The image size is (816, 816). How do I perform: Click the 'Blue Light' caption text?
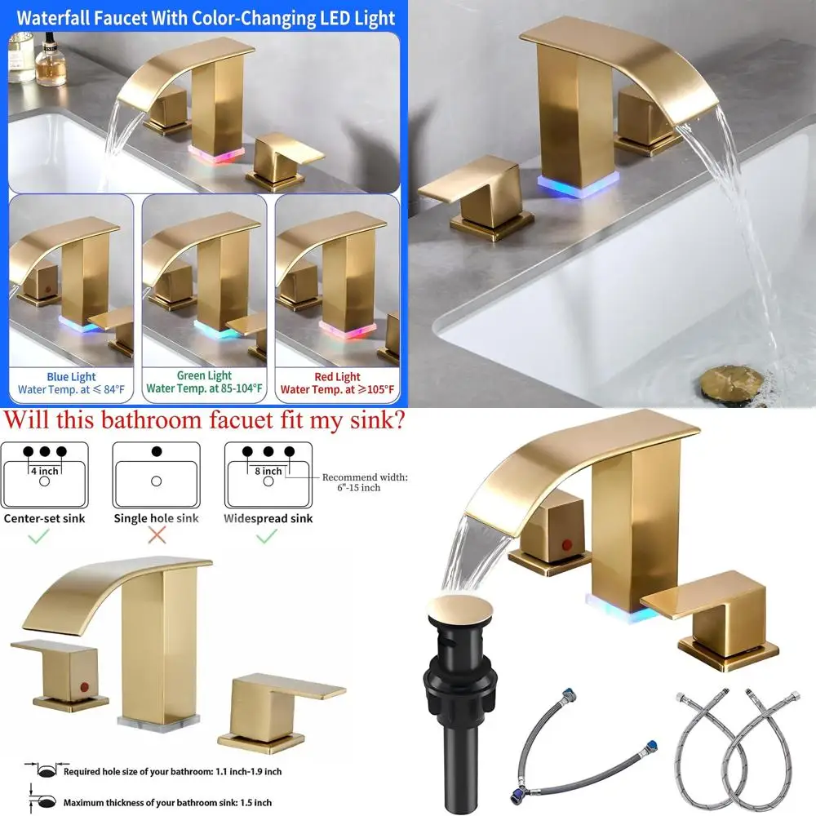pos(71,377)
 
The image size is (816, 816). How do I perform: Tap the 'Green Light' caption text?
pos(204,375)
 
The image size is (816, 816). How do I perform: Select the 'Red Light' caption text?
pos(337,376)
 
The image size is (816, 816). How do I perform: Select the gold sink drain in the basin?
pos(731,381)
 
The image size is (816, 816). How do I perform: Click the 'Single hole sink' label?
pos(155,518)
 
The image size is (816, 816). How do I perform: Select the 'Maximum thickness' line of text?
pos(167,802)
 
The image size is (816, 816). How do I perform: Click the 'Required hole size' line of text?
pos(172,770)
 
